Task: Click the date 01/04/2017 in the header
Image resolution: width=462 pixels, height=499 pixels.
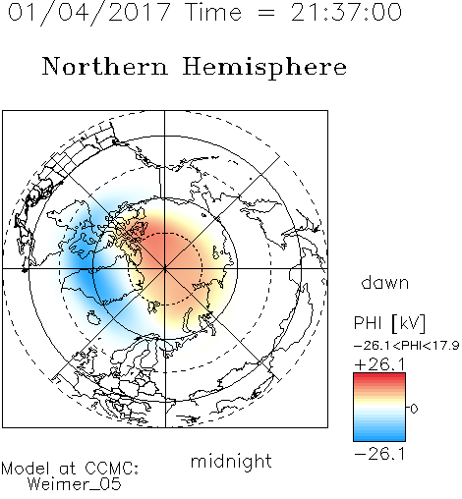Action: coord(89,13)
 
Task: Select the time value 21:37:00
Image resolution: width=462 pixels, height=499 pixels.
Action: coord(346,12)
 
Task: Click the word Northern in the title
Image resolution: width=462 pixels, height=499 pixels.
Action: coord(105,66)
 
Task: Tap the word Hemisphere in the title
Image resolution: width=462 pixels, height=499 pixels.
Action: coord(264,68)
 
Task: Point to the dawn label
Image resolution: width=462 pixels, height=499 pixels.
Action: coord(385,282)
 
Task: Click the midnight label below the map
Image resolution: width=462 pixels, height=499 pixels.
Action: coord(231,461)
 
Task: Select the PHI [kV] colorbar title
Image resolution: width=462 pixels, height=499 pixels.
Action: coord(389,323)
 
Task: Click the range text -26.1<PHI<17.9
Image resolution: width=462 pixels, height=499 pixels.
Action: coord(406,346)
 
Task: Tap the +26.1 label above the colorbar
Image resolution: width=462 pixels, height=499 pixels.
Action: coord(380,364)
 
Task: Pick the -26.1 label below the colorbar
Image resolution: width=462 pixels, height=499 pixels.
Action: coord(380,454)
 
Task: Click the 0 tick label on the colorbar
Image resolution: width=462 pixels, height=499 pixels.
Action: coord(414,409)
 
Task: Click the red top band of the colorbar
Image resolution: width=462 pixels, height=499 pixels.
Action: coord(379,376)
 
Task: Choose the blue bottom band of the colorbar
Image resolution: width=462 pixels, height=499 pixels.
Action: coord(379,438)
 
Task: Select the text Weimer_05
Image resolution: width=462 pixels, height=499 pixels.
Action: coord(75,484)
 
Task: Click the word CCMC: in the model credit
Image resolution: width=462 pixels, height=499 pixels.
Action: coord(112,469)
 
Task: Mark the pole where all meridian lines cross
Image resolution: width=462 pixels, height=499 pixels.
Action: coord(165,269)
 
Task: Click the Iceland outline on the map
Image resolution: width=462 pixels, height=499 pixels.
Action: coord(93,317)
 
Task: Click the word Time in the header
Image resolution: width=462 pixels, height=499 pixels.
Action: coord(213,12)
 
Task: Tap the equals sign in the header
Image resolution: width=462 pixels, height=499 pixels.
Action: coord(266,14)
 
